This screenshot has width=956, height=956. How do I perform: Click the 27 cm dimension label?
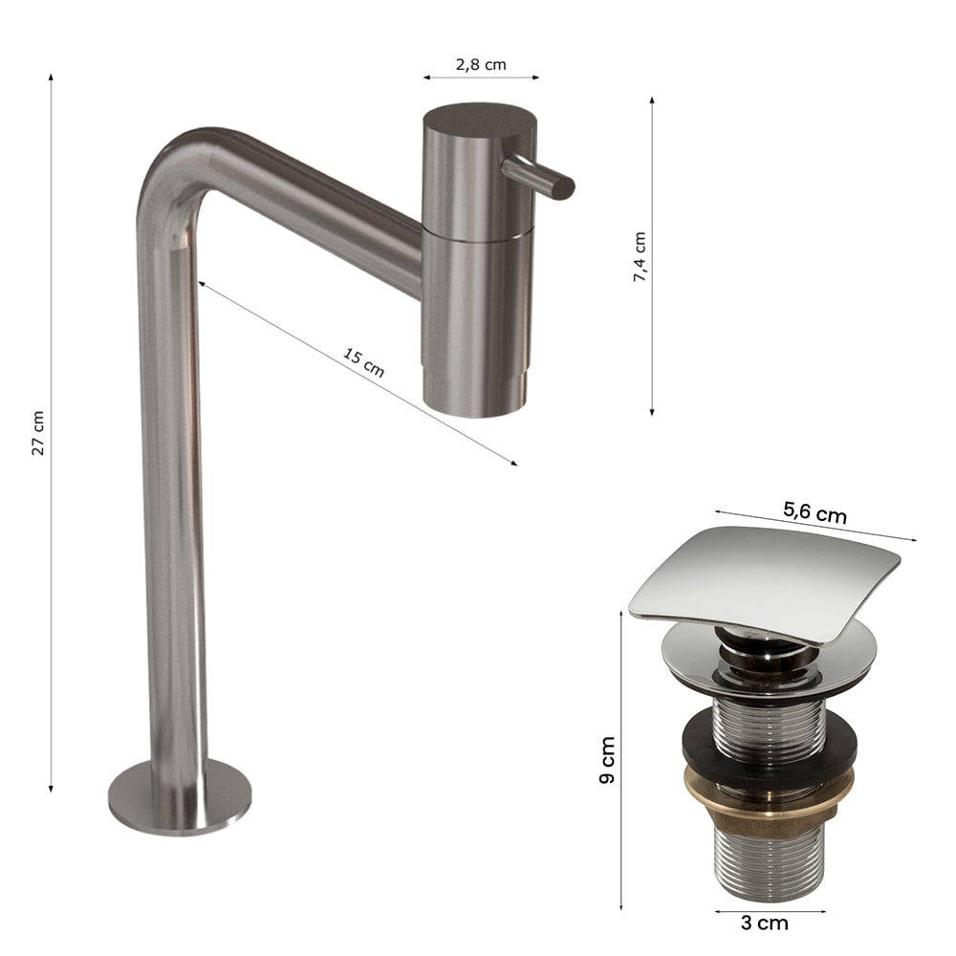[x=38, y=433]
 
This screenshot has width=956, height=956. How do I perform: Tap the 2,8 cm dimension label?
[x=481, y=65]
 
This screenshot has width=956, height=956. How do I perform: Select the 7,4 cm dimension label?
[x=639, y=256]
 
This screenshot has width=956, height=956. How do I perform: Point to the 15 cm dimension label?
[x=363, y=362]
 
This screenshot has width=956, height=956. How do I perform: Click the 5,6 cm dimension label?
[x=815, y=511]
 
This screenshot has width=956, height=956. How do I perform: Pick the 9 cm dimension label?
[x=607, y=760]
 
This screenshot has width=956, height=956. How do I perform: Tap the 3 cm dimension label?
[x=765, y=923]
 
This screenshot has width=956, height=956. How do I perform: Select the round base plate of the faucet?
[x=180, y=797]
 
